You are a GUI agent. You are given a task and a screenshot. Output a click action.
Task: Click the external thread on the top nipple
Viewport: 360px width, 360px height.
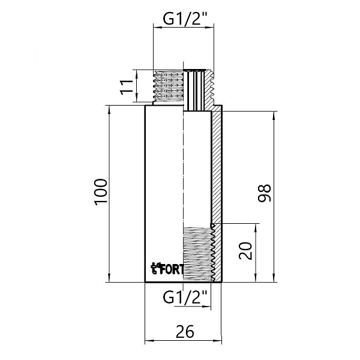tap(168, 86)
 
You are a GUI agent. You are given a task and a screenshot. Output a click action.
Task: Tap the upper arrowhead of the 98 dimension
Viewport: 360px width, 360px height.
tap(275, 115)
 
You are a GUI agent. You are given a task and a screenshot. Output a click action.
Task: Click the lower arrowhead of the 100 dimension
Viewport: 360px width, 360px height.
tap(109, 277)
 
